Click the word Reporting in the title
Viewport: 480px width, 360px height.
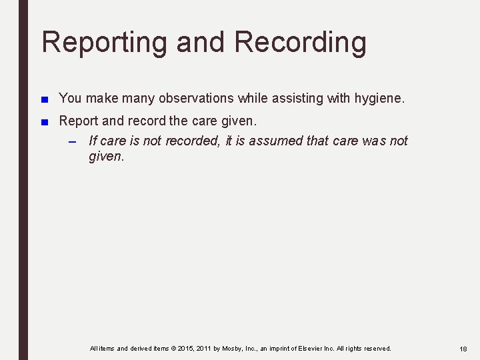pyautogui.click(x=105, y=42)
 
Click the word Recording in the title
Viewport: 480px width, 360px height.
pyautogui.click(x=301, y=42)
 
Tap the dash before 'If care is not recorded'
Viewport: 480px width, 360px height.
pyautogui.click(x=74, y=141)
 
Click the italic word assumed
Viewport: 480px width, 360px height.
pyautogui.click(x=277, y=141)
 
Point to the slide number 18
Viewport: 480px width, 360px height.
pyautogui.click(x=463, y=349)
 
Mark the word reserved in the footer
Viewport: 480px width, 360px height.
pyautogui.click(x=377, y=349)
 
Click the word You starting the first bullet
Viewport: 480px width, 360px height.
pyautogui.click(x=70, y=98)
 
